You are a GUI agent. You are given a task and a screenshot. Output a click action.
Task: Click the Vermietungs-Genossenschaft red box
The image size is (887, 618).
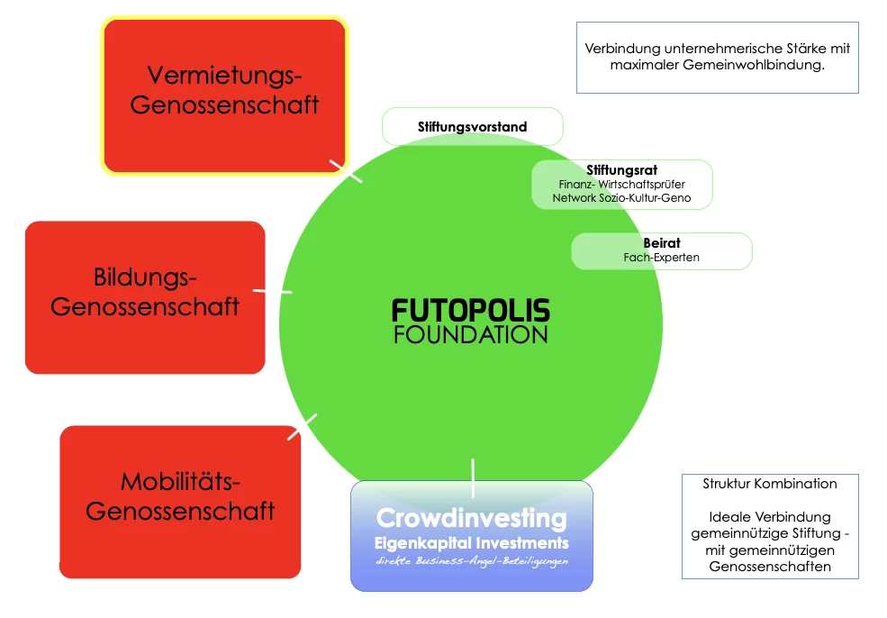224,95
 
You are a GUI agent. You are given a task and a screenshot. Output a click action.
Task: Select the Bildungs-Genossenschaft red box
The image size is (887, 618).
145,296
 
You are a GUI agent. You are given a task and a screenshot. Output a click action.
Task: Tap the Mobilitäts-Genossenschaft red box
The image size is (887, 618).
180,502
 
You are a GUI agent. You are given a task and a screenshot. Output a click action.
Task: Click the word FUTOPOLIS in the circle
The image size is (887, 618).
471,312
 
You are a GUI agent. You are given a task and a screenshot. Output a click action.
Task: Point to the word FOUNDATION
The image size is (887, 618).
471,335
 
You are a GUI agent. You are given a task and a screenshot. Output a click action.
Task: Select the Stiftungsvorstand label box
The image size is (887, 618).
472,127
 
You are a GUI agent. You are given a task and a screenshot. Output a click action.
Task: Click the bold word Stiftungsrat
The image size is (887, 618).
621,169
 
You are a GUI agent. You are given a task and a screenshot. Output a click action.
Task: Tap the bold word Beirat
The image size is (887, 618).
661,243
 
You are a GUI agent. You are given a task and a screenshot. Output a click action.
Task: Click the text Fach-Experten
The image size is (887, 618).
661,258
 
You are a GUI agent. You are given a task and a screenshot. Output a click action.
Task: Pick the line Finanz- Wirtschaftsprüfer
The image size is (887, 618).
621,184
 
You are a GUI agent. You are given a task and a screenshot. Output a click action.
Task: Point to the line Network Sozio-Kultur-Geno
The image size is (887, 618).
621,197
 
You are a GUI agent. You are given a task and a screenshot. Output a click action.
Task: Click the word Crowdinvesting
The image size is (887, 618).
471,519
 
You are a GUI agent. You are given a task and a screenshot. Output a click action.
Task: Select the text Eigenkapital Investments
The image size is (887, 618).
471,543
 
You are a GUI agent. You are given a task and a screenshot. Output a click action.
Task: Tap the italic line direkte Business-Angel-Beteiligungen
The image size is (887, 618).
471,561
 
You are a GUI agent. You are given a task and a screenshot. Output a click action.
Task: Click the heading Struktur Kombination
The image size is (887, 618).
769,484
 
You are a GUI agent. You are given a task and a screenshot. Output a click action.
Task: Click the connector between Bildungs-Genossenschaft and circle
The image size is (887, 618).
272,291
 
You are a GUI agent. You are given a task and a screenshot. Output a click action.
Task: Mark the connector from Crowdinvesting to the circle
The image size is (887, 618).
473,477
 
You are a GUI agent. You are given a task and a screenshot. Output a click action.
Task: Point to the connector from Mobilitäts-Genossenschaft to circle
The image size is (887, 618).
303,426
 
